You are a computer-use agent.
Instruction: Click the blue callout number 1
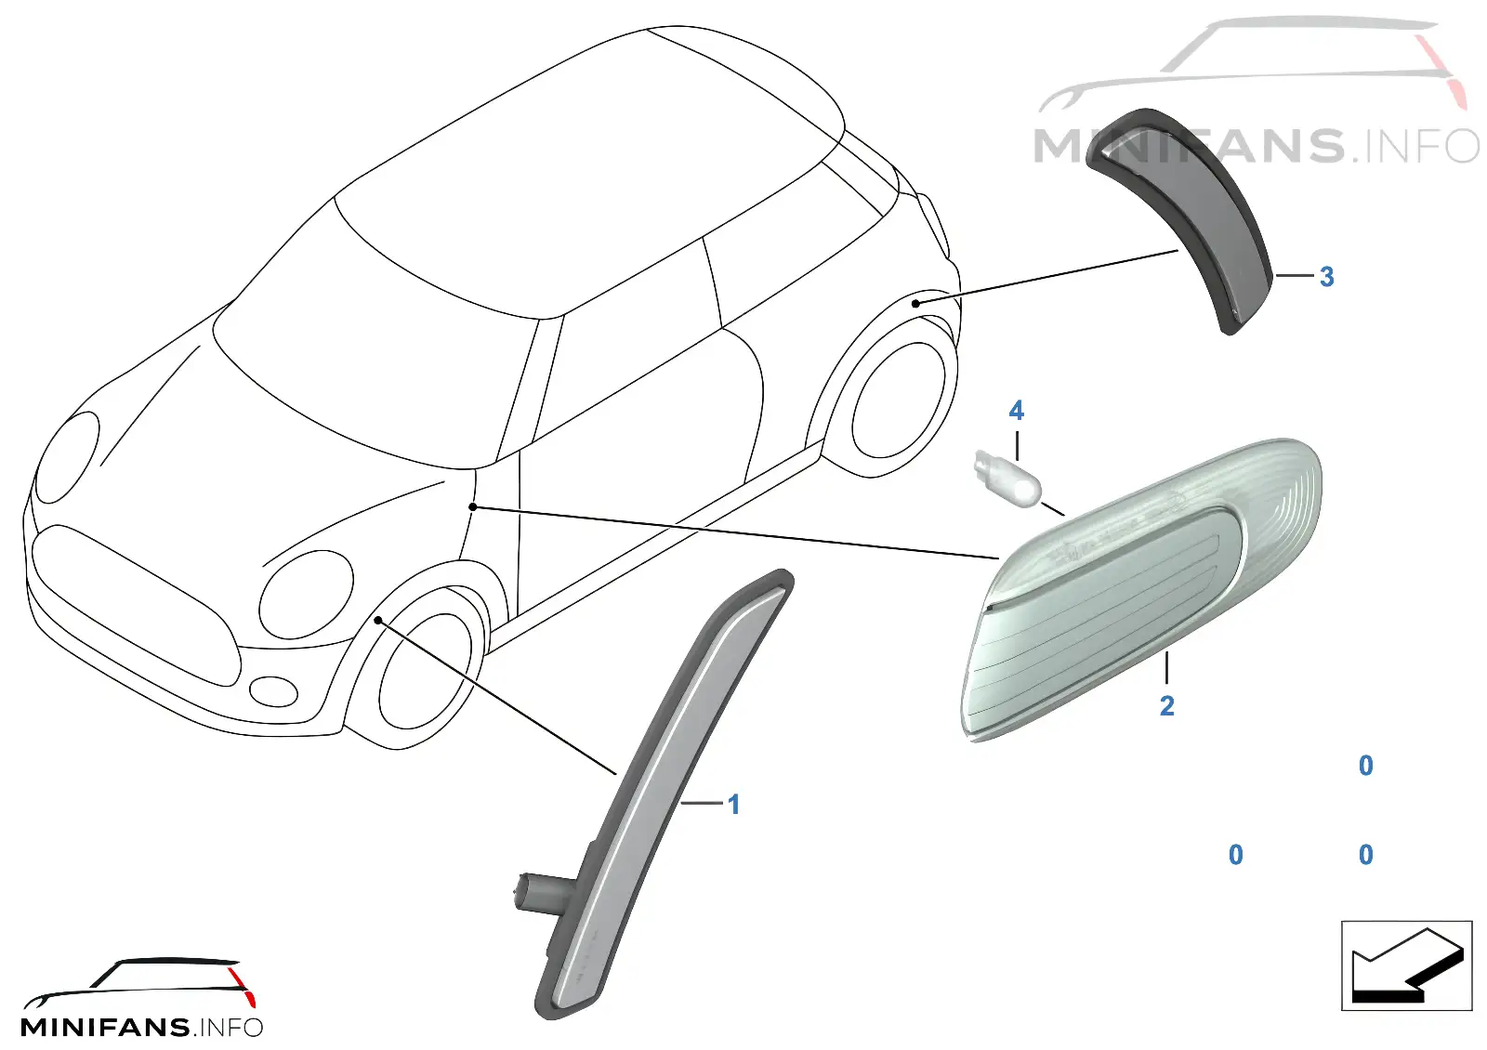tap(733, 805)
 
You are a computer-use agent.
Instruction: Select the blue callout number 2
tap(1166, 705)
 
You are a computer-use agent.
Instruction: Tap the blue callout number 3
tap(1326, 277)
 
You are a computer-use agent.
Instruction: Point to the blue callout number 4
tap(1016, 411)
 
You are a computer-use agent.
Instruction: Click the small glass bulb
tap(1007, 479)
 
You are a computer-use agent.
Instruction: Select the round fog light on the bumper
tap(273, 691)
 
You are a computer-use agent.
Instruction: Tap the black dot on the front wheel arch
tap(377, 620)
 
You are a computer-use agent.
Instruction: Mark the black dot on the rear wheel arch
tap(915, 303)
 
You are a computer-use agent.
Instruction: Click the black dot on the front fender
tap(472, 507)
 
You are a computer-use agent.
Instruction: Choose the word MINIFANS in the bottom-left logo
tap(106, 1028)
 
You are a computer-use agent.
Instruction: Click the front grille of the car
tap(136, 604)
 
